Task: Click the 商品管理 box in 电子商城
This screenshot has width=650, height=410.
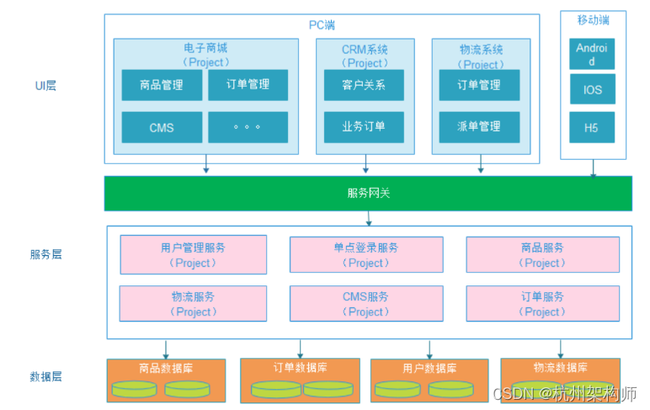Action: click(162, 85)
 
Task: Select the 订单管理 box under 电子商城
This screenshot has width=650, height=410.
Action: click(248, 85)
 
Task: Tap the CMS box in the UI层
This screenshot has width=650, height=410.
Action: click(162, 127)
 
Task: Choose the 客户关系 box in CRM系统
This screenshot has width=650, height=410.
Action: click(364, 85)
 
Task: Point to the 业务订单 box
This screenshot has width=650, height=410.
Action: click(364, 127)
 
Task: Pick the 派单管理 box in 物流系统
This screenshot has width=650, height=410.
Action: click(478, 127)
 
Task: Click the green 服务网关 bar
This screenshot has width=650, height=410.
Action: click(368, 193)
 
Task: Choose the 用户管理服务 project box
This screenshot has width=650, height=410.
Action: click(193, 255)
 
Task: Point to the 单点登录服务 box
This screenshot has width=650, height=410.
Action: click(365, 255)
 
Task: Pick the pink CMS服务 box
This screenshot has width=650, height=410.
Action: click(365, 304)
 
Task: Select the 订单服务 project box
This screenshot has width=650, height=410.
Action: click(542, 304)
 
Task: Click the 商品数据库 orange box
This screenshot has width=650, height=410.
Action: click(166, 380)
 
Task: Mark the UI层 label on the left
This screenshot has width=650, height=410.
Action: click(45, 86)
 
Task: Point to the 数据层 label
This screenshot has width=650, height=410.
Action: click(45, 376)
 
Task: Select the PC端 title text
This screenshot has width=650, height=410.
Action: click(322, 24)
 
